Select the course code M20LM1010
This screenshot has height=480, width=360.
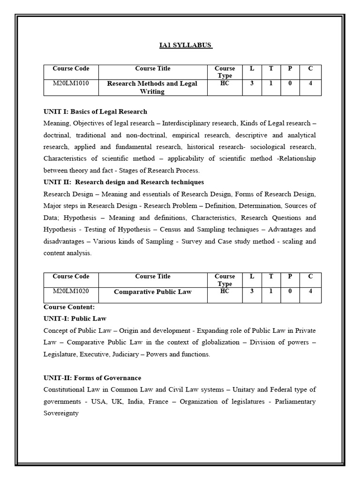point(71,83)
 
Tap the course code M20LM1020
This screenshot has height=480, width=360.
point(71,291)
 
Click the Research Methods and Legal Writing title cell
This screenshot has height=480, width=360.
point(152,87)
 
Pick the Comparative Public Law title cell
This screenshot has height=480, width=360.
point(152,292)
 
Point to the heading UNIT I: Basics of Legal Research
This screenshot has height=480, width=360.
point(95,112)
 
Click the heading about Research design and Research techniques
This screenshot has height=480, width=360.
point(124,182)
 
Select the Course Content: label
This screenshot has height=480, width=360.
point(69,307)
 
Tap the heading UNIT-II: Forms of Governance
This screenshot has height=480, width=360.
point(92,378)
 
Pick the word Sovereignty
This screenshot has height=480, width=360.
point(61,413)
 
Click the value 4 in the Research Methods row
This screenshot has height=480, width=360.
point(310,83)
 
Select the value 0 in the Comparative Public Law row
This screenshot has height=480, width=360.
point(290,291)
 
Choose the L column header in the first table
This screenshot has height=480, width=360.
point(252,68)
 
